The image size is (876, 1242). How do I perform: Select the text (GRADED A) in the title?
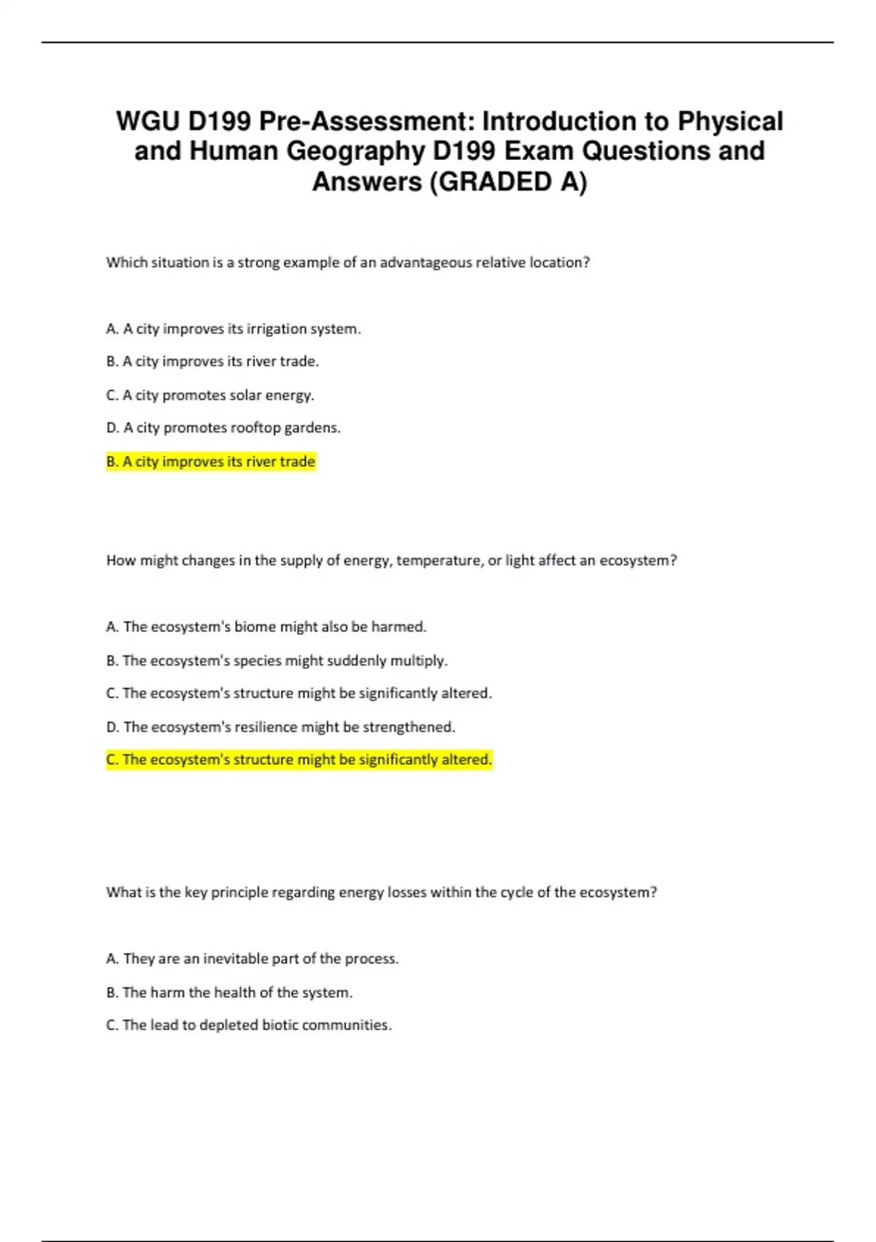coord(508,182)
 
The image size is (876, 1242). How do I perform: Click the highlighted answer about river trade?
coord(211,462)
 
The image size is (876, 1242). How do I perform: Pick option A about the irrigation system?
coord(234,329)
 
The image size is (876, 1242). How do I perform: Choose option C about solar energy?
coord(210,395)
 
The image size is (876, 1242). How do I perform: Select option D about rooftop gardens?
coord(223,428)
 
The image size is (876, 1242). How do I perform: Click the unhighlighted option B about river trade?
coord(212,362)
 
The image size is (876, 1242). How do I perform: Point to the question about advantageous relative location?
coord(347,262)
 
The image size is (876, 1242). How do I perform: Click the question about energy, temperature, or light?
coord(391,560)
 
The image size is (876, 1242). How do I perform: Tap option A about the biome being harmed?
coord(266,627)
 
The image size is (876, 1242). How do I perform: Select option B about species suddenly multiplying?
coord(277,660)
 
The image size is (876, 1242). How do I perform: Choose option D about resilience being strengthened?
coord(280,727)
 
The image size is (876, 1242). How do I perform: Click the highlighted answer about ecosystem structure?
coord(299,760)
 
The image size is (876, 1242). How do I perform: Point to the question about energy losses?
coord(381,892)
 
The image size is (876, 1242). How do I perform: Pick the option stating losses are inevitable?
coord(253,959)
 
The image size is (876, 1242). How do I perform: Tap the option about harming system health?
coord(229,992)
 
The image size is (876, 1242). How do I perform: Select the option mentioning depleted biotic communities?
coord(249,1025)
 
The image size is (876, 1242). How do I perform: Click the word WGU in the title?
coord(147,121)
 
